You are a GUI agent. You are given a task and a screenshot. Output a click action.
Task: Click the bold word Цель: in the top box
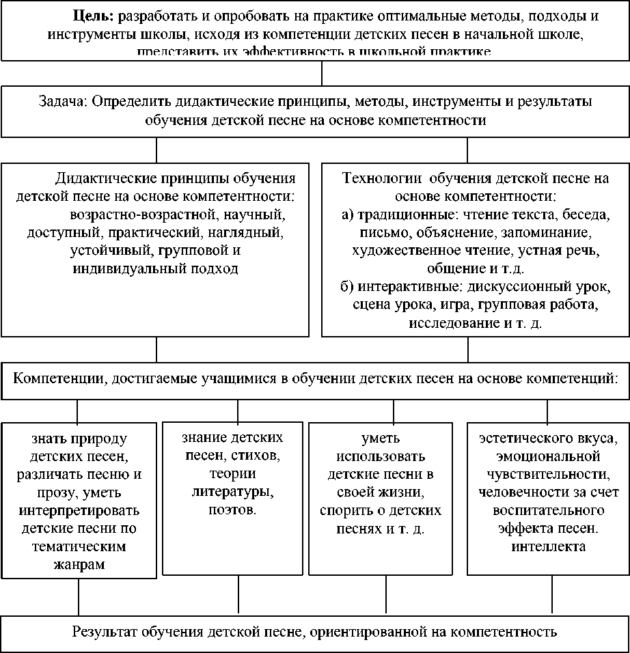pyautogui.click(x=94, y=16)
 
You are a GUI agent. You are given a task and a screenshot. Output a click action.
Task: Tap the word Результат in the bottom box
pyautogui.click(x=105, y=631)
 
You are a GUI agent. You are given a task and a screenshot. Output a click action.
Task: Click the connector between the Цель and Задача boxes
pyautogui.click(x=323, y=73)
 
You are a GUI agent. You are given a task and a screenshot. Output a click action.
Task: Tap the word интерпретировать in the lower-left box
pyautogui.click(x=81, y=510)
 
